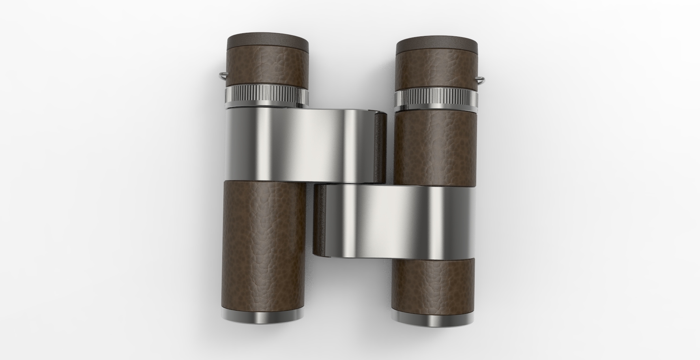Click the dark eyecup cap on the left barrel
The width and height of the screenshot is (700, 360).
click(268, 41)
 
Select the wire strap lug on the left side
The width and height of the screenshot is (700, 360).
click(222, 75)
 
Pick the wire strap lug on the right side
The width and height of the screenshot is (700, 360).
click(481, 80)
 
